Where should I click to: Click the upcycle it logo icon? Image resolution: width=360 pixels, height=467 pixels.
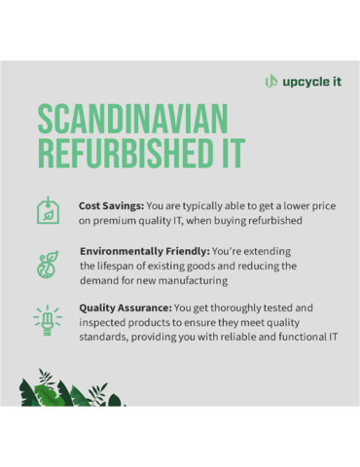(271, 81)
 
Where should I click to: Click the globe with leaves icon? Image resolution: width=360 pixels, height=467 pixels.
(46, 265)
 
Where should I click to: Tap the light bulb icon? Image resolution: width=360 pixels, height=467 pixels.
(46, 318)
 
